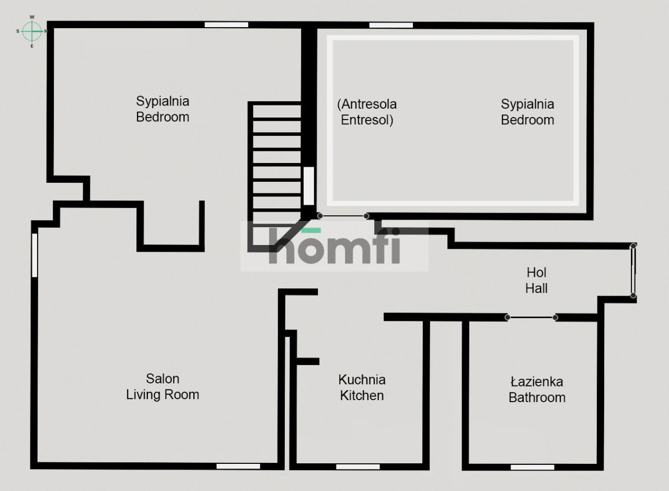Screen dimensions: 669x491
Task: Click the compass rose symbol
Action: pyautogui.click(x=32, y=31)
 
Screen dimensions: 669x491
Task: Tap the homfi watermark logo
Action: pyautogui.click(x=334, y=246)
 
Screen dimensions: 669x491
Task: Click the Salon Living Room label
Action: pyautogui.click(x=163, y=387)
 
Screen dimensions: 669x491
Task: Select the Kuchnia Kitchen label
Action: pyautogui.click(x=362, y=388)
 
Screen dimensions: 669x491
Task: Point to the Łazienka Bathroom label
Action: pyautogui.click(x=537, y=390)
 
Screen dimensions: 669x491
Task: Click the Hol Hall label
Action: pyautogui.click(x=536, y=280)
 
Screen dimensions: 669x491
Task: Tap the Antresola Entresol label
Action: pyautogui.click(x=367, y=112)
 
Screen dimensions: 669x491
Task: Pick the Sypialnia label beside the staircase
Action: pyautogui.click(x=163, y=109)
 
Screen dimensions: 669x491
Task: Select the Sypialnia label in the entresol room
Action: pyautogui.click(x=527, y=112)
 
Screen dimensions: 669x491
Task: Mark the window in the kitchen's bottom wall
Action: pyautogui.click(x=358, y=467)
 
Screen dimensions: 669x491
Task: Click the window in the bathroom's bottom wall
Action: pyautogui.click(x=532, y=467)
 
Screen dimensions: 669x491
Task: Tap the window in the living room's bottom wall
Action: pyautogui.click(x=238, y=466)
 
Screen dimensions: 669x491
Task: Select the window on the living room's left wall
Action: pyautogui.click(x=34, y=255)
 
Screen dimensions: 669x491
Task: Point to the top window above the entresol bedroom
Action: pyautogui.click(x=391, y=26)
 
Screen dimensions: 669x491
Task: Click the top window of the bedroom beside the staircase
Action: pyautogui.click(x=226, y=25)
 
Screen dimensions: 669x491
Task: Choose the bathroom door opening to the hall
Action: pyautogui.click(x=531, y=318)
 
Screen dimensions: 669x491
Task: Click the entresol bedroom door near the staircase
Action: pyautogui.click(x=343, y=216)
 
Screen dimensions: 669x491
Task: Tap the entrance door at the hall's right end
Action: pyautogui.click(x=633, y=271)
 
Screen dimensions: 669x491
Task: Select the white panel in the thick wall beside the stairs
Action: pyautogui.click(x=309, y=186)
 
